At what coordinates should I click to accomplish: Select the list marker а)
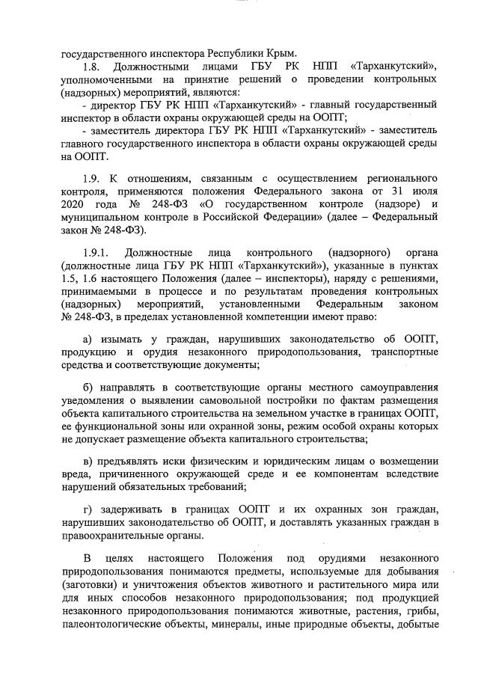coord(89,340)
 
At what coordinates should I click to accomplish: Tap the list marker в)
coord(89,459)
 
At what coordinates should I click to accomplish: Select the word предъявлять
coord(135,459)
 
